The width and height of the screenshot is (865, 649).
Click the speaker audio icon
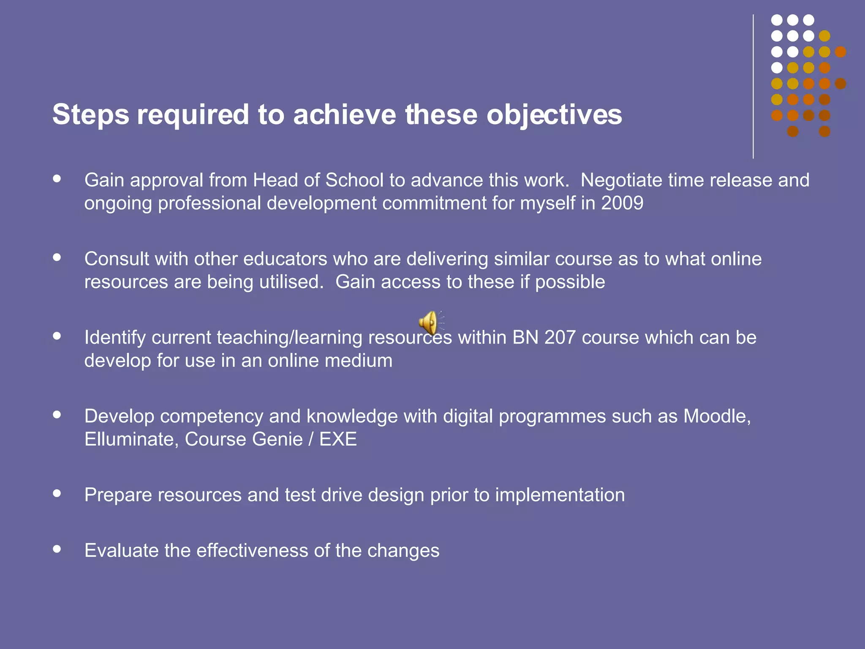coord(430,323)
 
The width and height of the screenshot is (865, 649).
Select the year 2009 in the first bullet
coord(622,203)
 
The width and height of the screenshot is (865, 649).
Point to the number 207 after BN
coord(560,338)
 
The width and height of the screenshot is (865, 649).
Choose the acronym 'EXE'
coord(338,439)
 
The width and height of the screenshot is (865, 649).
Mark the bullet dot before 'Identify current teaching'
coord(57,336)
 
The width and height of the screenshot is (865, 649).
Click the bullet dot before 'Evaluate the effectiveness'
coord(57,549)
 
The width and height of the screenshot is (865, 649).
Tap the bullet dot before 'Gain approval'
coord(57,178)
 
